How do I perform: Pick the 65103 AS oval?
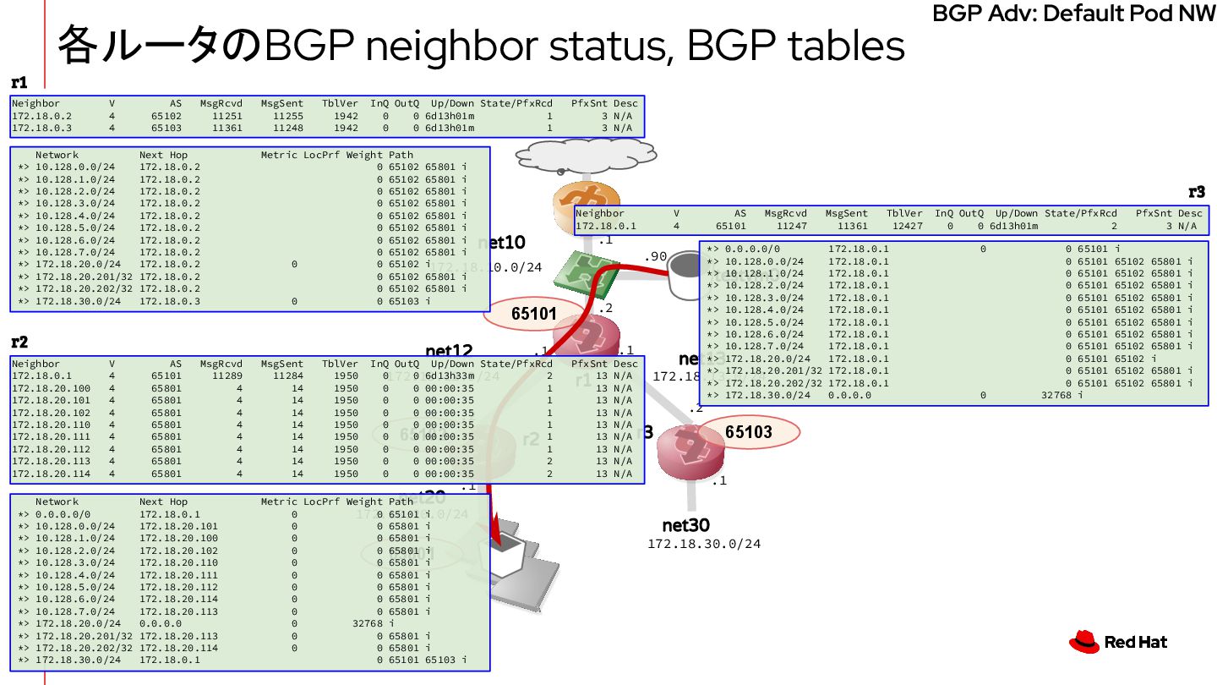pos(748,432)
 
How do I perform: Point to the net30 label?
pos(685,525)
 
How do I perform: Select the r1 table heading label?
pos(19,83)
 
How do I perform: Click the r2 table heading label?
pos(19,342)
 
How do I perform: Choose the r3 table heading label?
pos(1196,192)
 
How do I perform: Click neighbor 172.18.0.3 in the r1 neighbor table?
pos(42,128)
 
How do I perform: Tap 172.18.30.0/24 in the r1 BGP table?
pos(75,301)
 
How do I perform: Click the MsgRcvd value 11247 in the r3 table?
pos(793,226)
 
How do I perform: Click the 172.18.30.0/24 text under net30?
pos(704,544)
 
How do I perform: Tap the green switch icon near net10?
pos(592,271)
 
